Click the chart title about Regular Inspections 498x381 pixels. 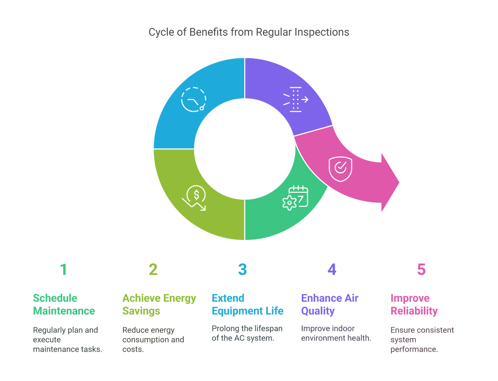tap(249, 32)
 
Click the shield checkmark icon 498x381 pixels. tap(340, 168)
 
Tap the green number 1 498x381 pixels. tap(63, 269)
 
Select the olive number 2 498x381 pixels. tap(153, 269)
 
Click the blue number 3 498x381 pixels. tap(243, 269)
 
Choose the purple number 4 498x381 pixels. tap(332, 269)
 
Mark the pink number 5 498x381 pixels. tap(421, 269)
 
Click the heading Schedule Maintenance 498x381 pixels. tap(64, 304)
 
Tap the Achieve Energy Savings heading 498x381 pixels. tap(159, 304)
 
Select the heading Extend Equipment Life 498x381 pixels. tap(248, 304)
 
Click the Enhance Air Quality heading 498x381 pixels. tap(330, 304)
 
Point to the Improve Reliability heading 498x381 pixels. tap(414, 304)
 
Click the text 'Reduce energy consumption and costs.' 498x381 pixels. tap(153, 340)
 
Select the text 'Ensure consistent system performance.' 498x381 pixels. tap(422, 340)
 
